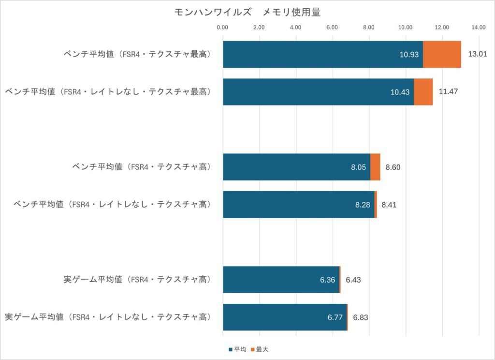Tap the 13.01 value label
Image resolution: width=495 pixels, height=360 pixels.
(478, 54)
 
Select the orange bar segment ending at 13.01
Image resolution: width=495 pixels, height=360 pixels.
(442, 54)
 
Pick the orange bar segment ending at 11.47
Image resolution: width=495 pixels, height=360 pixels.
(423, 91)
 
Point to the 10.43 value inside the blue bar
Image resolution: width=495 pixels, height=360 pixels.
(400, 92)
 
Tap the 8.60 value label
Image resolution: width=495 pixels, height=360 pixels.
(393, 167)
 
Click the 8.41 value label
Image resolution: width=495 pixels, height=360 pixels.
(389, 205)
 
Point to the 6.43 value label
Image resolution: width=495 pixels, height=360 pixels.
(353, 280)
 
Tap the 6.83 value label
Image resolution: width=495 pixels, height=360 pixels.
(361, 317)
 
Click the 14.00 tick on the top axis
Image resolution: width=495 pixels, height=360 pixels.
(479, 28)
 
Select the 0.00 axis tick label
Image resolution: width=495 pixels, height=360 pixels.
(223, 28)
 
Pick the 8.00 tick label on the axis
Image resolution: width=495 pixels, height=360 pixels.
(369, 28)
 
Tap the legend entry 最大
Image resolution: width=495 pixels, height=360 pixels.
(262, 349)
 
